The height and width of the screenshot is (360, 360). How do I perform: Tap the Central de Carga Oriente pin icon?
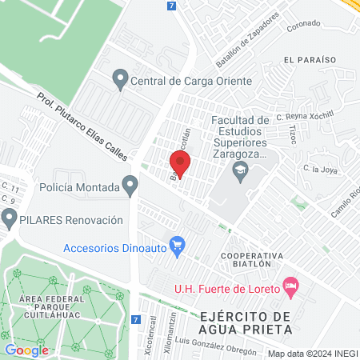point(121,80)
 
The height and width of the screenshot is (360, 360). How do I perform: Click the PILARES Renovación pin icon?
point(10,218)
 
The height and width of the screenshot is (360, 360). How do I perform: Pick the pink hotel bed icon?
point(291,286)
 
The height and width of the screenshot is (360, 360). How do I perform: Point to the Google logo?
point(27,350)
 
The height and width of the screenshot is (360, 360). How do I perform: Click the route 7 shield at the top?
point(172,6)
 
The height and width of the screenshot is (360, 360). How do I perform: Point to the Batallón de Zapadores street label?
point(247,39)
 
